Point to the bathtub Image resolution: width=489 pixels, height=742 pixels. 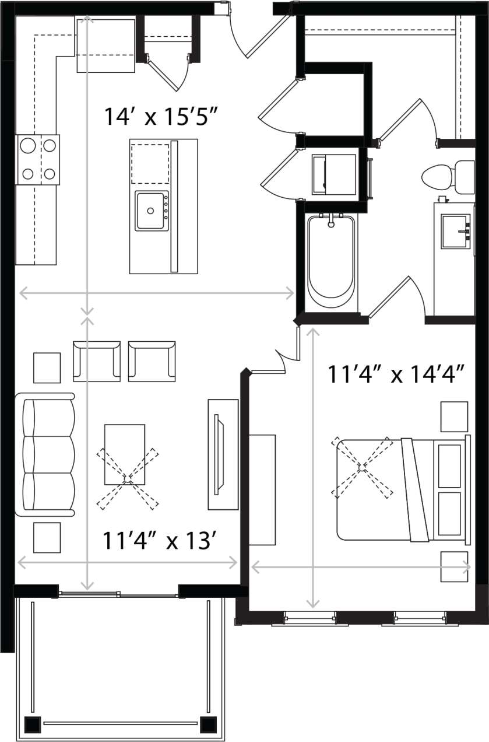pos(330,261)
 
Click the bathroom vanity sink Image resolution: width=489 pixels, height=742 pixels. pos(455,232)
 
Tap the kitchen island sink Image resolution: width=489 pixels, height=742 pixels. pos(152,211)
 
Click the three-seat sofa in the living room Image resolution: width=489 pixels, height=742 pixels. pos(48,454)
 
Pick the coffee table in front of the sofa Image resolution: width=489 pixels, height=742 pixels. pos(124,454)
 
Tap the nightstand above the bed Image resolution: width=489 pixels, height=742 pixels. pos(453,416)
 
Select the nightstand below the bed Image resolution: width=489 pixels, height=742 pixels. pos(453,566)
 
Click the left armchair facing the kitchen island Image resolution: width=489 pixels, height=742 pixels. pos(96,361)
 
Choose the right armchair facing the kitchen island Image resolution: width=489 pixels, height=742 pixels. pos(152,361)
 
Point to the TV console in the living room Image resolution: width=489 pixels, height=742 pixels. pos(223,454)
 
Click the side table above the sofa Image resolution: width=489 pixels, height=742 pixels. pos(47,367)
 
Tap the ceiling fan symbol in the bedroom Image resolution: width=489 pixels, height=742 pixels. pos(362,467)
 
